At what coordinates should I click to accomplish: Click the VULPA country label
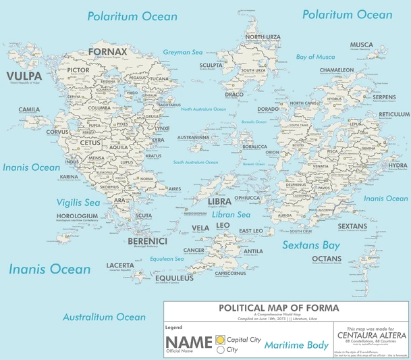22,76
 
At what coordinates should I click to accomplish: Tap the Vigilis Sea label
78,203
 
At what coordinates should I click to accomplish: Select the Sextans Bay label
311,245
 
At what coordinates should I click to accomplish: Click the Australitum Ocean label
104,317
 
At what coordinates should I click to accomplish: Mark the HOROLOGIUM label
78,216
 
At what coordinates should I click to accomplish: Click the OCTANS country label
327,259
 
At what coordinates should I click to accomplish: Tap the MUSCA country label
361,45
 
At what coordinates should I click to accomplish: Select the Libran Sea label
231,214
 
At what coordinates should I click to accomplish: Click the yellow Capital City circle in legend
220,339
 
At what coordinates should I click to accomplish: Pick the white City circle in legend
220,350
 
